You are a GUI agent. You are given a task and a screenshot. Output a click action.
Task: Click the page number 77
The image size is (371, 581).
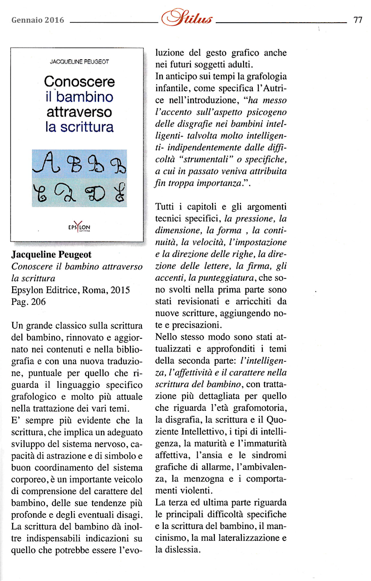(x=358, y=20)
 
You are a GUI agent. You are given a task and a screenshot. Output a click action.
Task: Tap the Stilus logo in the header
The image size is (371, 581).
(x=187, y=19)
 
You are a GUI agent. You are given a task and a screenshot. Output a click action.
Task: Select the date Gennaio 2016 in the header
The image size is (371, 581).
(x=38, y=20)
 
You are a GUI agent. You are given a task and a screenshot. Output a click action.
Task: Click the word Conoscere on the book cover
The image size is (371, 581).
(x=79, y=82)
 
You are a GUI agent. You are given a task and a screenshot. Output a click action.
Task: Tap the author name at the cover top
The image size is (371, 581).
(x=79, y=62)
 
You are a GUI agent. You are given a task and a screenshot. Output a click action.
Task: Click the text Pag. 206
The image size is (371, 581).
(x=28, y=302)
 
